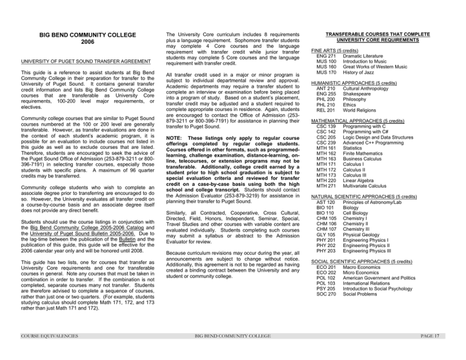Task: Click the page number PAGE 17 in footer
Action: click(449, 352)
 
